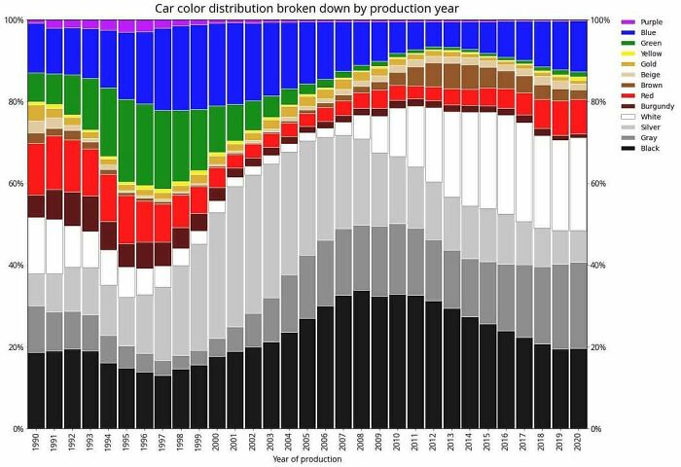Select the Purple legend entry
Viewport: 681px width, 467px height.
pos(649,21)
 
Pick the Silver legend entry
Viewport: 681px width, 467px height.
pos(649,127)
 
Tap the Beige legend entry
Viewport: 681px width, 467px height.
pos(649,74)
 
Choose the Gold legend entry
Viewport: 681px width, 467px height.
pos(648,63)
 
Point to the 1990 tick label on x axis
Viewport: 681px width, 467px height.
pos(36,443)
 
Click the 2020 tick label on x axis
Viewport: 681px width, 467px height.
pos(579,443)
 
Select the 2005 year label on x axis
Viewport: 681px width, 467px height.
pos(307,443)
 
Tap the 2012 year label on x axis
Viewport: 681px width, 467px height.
pos(434,443)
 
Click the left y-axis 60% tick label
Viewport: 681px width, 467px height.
pos(12,183)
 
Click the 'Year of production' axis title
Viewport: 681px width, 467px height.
pos(306,459)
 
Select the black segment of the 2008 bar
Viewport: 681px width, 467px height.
pos(362,360)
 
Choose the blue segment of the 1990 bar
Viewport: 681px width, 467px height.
pos(36,49)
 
